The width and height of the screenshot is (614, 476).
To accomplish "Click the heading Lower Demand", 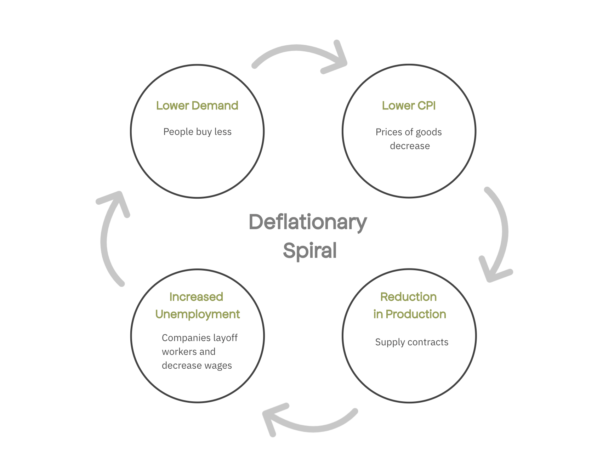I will (x=197, y=106).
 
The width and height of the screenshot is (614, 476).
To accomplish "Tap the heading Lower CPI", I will (x=409, y=106).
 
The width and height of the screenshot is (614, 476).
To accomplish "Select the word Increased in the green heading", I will (x=196, y=297).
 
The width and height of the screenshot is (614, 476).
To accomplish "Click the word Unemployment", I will (x=198, y=314).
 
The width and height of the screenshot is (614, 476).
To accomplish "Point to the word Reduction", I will (x=408, y=297).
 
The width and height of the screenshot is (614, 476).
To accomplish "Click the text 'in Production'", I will (x=409, y=314).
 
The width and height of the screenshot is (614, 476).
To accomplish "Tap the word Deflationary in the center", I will (x=308, y=222).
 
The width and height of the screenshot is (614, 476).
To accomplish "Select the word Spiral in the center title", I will (x=310, y=250).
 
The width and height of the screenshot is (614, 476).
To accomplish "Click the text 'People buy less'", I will (x=197, y=132).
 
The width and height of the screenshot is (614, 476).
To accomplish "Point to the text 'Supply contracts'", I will (x=411, y=342).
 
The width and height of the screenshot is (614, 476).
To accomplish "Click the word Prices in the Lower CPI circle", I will (x=388, y=132).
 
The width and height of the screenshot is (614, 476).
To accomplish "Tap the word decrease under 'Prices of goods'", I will (x=410, y=146).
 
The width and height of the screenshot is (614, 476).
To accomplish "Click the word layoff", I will (x=225, y=338).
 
